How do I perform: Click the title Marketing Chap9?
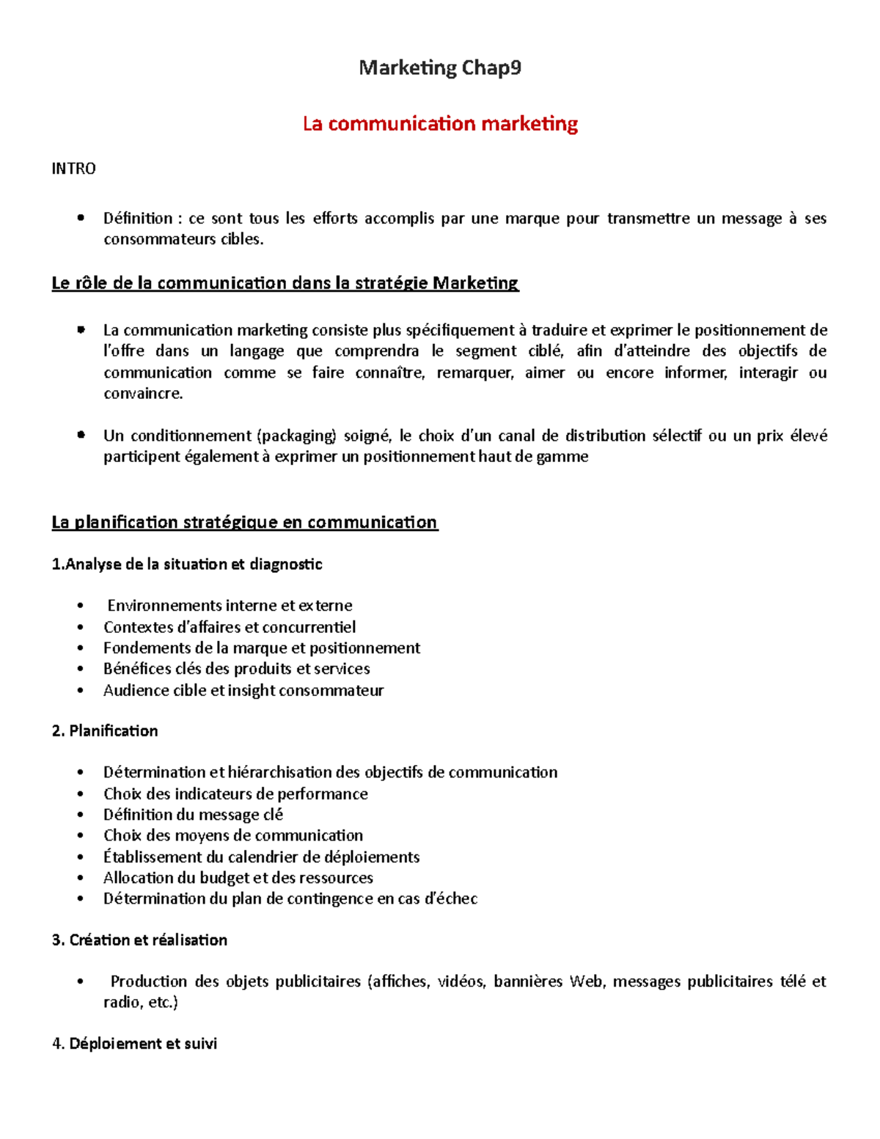click(x=440, y=68)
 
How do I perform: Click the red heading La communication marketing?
click(x=440, y=123)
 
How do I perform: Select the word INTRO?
click(x=73, y=169)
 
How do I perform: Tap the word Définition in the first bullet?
click(x=137, y=219)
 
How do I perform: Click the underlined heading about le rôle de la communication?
click(x=285, y=283)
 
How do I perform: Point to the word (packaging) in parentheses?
click(x=296, y=436)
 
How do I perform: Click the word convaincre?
click(x=143, y=394)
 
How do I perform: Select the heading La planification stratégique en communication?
click(x=244, y=522)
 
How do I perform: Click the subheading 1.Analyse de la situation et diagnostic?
click(x=187, y=564)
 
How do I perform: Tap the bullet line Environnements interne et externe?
click(x=230, y=606)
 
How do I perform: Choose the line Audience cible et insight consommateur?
click(x=243, y=690)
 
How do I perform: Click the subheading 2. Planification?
click(x=105, y=730)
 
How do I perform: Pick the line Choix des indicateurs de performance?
click(x=235, y=794)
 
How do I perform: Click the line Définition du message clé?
click(x=193, y=815)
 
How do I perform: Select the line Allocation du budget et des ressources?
click(x=238, y=878)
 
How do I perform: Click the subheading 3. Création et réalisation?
click(x=139, y=940)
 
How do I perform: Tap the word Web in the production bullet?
click(x=586, y=981)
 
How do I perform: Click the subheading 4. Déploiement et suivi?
click(x=134, y=1044)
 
